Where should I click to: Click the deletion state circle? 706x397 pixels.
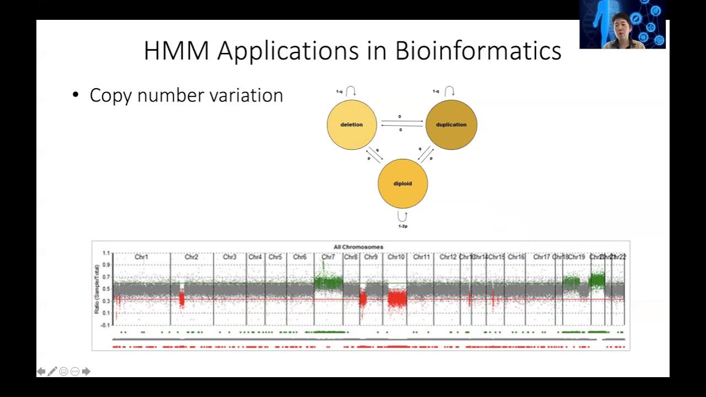click(x=352, y=125)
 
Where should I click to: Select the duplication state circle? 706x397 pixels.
click(x=451, y=125)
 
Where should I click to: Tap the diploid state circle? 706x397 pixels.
click(x=403, y=184)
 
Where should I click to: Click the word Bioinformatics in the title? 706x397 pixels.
click(x=478, y=51)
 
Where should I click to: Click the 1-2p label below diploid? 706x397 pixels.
click(x=403, y=226)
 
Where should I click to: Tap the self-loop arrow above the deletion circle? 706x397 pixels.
click(x=351, y=92)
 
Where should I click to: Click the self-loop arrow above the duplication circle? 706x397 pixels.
click(x=450, y=92)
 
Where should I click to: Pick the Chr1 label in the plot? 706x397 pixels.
click(x=142, y=257)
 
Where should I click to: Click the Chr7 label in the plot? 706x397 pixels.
click(x=328, y=257)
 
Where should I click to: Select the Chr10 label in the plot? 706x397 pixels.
click(x=396, y=257)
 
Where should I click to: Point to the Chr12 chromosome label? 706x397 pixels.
click(x=448, y=257)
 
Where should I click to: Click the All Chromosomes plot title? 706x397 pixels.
click(x=358, y=247)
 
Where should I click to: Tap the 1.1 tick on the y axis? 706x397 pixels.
click(x=106, y=254)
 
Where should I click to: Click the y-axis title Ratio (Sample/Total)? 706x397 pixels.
click(x=97, y=289)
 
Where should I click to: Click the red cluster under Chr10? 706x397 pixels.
click(x=397, y=299)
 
